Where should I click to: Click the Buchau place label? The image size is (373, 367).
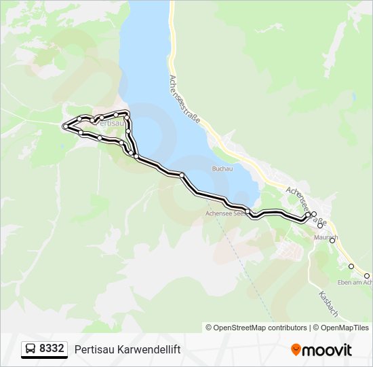pos(222,168)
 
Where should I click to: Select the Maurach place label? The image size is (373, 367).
pos(326,237)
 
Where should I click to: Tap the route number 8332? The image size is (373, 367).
pos(52,349)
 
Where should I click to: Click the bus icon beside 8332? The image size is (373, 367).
pos(31,349)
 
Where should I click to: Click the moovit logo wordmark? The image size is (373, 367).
pos(327,350)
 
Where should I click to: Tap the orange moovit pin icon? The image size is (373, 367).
pos(296,349)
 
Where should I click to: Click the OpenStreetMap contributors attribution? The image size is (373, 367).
pos(256,328)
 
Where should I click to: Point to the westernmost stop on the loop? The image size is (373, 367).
pos(65,126)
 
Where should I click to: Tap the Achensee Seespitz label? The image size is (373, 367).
pos(227,213)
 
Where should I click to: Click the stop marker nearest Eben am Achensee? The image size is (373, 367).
pos(351,266)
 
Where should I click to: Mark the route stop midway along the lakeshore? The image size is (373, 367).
pos(182,176)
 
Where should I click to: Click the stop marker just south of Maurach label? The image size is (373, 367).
pos(332,240)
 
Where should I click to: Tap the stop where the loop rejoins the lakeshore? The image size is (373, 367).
pos(136,157)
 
